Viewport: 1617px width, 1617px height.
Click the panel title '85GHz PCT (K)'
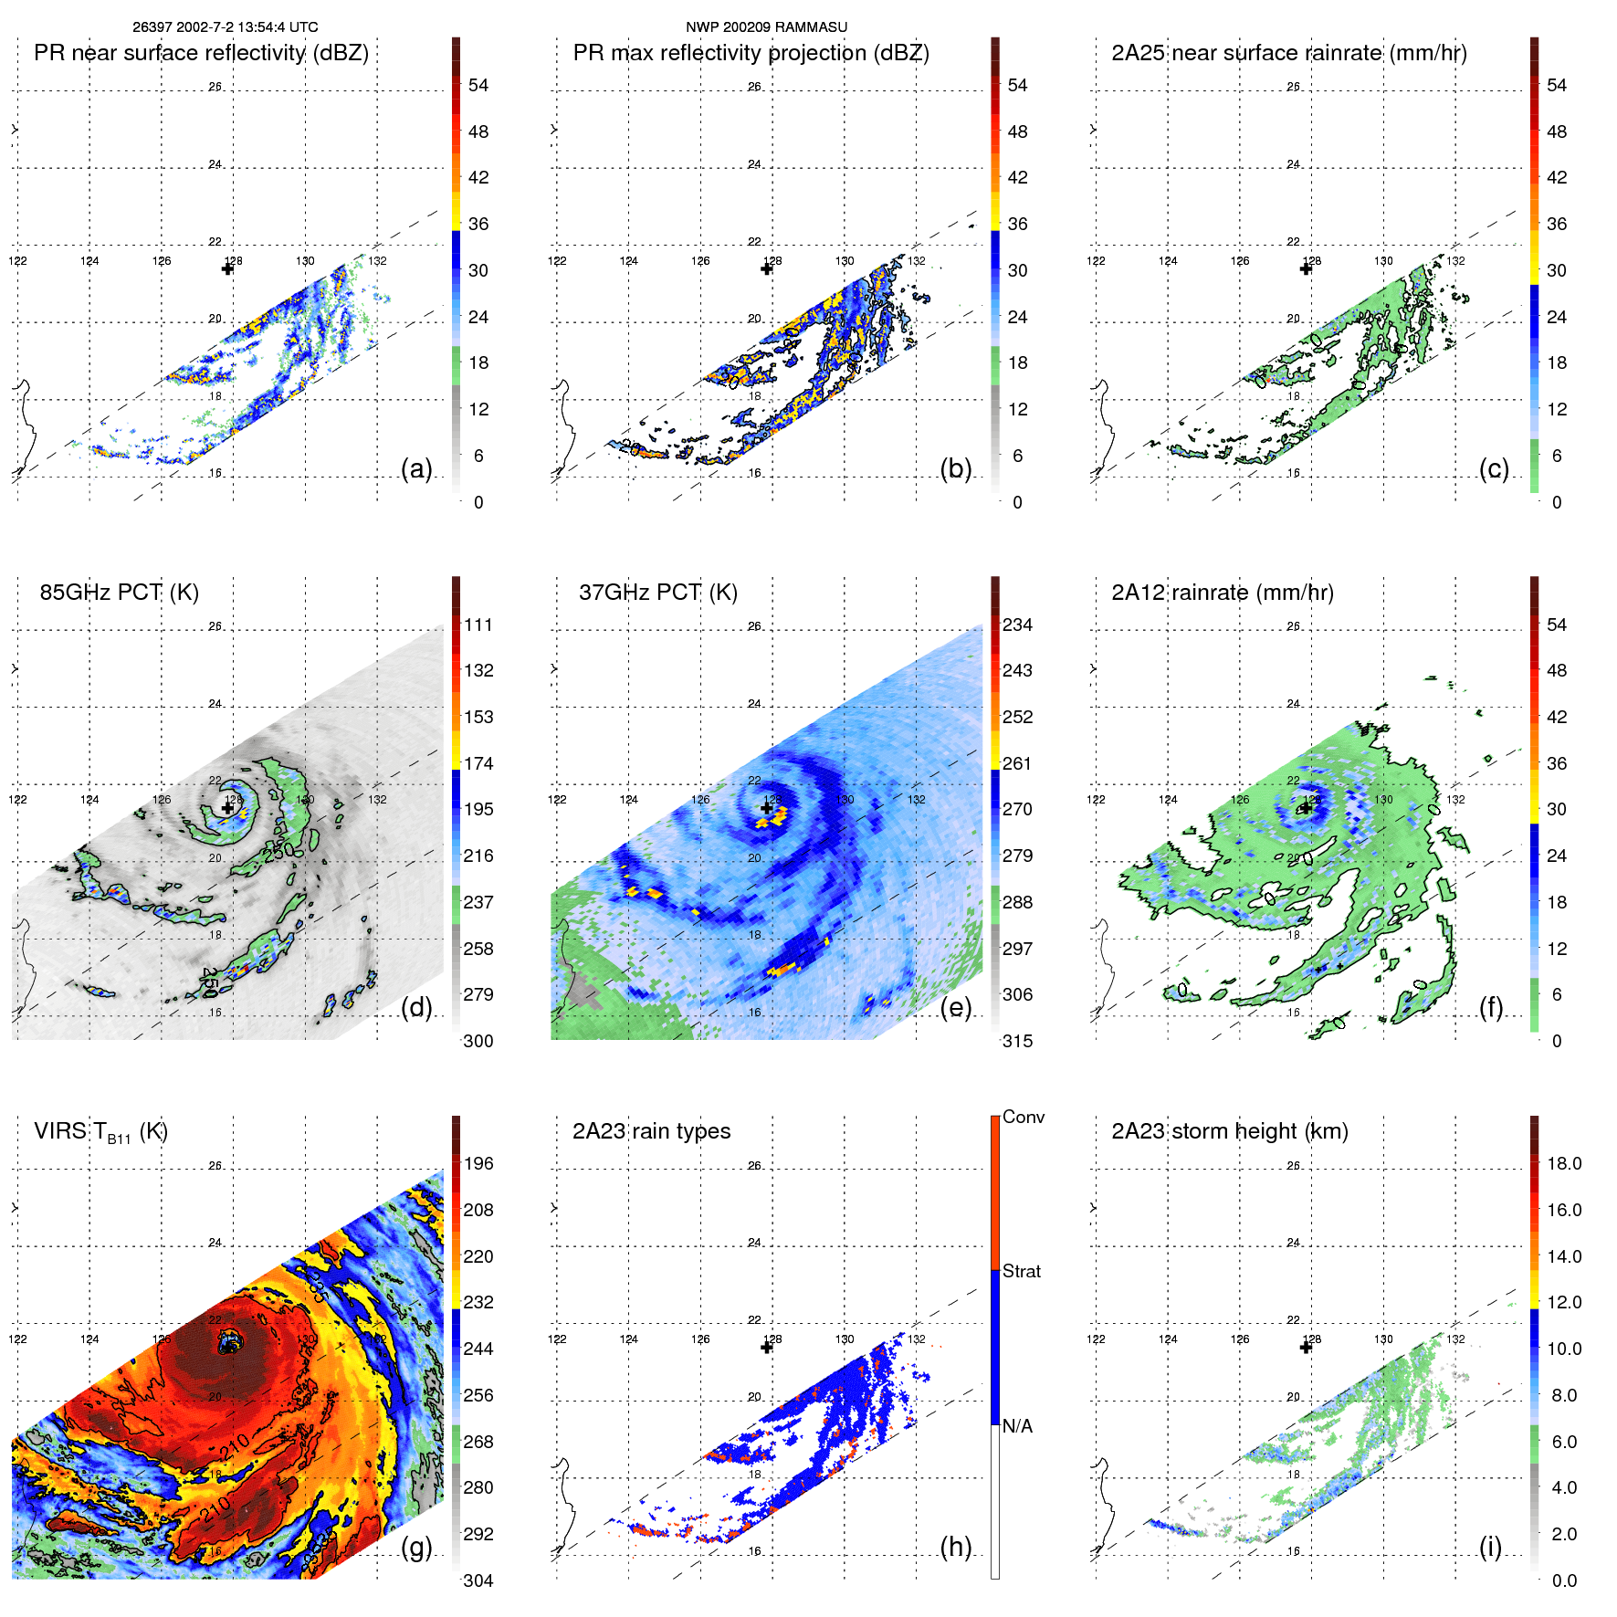click(119, 593)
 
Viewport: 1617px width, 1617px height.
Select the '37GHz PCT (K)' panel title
click(657, 593)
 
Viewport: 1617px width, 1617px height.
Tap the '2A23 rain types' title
click(651, 1131)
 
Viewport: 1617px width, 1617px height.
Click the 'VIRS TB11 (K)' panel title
click(100, 1132)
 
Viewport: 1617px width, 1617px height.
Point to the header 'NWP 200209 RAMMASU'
click(766, 27)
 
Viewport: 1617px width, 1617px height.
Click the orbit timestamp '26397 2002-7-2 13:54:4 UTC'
click(225, 27)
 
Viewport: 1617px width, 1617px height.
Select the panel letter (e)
click(955, 1007)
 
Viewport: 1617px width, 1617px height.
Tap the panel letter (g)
click(416, 1547)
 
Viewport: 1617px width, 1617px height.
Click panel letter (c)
click(1494, 468)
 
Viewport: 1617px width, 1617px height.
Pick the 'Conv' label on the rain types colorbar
click(1024, 1117)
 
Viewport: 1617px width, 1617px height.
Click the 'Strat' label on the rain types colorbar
click(1022, 1271)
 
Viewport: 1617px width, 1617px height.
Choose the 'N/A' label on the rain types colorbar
click(1018, 1426)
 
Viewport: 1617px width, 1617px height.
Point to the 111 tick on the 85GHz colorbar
click(478, 625)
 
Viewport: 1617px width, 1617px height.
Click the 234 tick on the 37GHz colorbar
click(1017, 625)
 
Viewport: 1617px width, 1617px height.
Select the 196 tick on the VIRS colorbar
click(478, 1163)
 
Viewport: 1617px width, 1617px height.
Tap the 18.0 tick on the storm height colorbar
click(1564, 1163)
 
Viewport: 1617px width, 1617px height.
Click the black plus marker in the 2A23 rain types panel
click(767, 1348)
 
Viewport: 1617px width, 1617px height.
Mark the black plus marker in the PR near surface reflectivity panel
click(227, 268)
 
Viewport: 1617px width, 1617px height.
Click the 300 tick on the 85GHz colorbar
click(478, 1041)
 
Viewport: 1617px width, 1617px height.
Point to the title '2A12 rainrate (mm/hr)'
click(1223, 593)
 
